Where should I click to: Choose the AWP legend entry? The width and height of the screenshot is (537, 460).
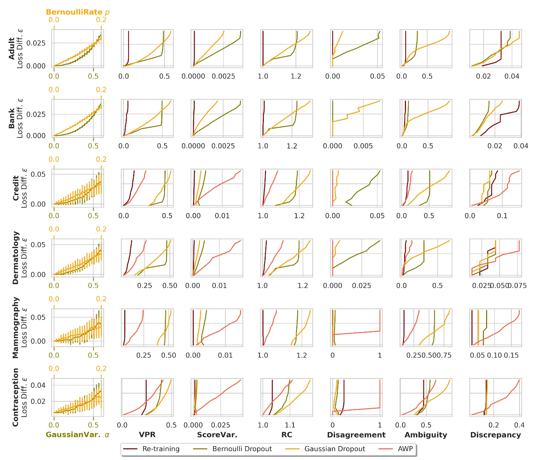[405, 449]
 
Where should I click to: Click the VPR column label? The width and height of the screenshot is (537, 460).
[147, 435]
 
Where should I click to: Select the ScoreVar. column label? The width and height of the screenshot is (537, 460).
[217, 435]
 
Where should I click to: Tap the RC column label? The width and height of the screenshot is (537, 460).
[287, 435]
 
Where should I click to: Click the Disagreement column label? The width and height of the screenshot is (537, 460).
[356, 435]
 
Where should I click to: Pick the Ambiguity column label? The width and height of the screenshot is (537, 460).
[426, 435]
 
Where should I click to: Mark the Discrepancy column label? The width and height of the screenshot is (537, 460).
[495, 435]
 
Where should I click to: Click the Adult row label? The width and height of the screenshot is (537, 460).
[12, 48]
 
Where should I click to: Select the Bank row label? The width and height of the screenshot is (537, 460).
[12, 118]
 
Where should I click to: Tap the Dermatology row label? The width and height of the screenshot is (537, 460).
[15, 258]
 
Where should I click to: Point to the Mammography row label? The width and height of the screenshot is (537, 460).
[15, 327]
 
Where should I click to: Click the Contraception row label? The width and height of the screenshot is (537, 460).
[15, 397]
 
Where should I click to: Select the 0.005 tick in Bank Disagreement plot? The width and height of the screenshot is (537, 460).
[363, 146]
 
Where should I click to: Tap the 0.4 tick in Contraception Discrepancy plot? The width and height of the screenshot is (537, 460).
[519, 425]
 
